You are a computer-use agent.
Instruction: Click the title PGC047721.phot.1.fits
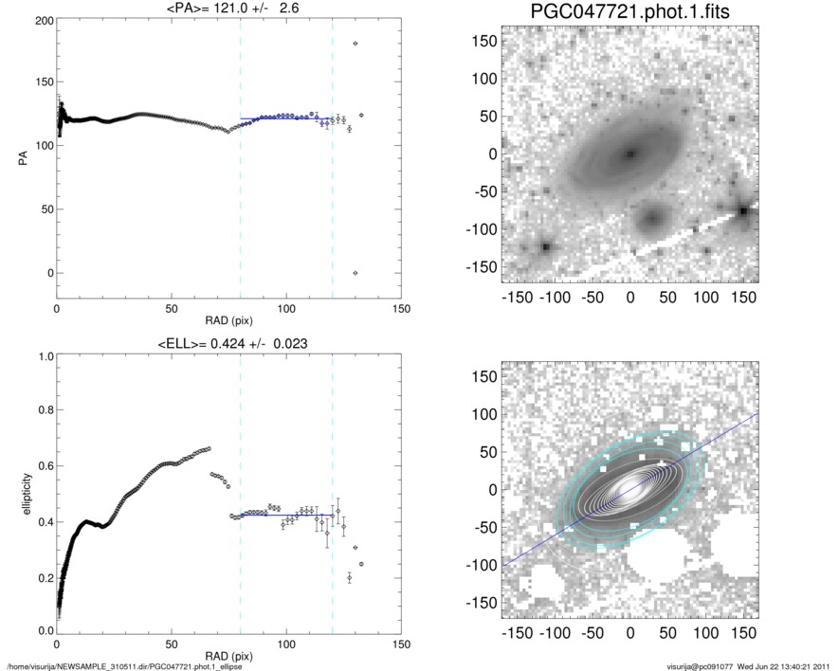(x=629, y=13)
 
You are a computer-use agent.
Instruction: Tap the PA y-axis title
(x=21, y=160)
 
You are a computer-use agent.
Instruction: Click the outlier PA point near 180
(x=356, y=44)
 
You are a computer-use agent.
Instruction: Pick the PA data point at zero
(x=356, y=273)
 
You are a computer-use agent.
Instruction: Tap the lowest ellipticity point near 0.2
(x=350, y=577)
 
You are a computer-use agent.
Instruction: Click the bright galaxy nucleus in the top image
(x=629, y=154)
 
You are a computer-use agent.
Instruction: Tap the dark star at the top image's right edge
(x=744, y=210)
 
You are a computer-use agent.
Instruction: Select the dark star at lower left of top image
(x=546, y=247)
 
